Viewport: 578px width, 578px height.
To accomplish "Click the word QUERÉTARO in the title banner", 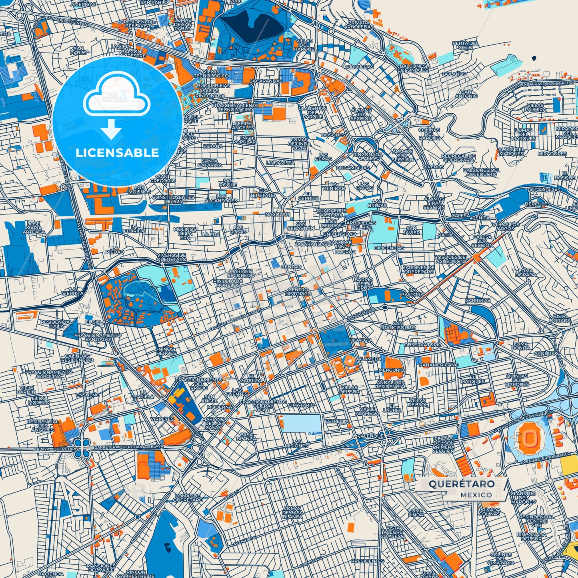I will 462,484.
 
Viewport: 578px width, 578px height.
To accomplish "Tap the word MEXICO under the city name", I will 476,495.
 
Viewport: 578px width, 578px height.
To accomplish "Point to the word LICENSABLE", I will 117,152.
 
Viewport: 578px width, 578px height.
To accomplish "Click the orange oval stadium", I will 529,438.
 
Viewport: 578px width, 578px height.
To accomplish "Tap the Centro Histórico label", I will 298,291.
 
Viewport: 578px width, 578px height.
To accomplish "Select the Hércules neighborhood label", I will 537,204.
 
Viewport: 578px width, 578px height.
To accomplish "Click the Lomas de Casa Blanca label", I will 292,512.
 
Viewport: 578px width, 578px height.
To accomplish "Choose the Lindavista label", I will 280,163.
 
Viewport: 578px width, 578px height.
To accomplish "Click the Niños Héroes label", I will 166,351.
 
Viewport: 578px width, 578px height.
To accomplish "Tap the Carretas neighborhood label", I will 478,300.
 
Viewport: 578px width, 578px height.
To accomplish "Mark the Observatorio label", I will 423,344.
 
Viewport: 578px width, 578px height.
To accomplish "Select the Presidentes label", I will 367,561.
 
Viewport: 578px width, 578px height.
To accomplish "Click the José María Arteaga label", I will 34,228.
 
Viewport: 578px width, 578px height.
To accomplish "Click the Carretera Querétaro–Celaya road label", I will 129,446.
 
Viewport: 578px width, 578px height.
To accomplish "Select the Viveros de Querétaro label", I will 171,257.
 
